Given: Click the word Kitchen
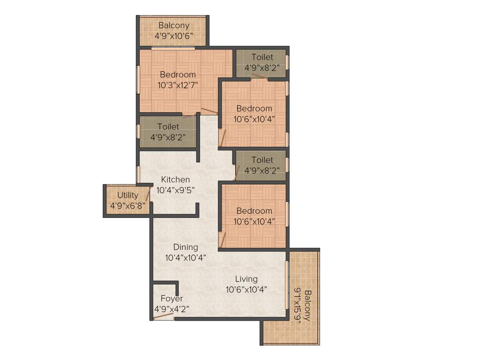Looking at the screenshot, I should (x=175, y=180).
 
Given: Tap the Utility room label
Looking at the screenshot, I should (x=127, y=195).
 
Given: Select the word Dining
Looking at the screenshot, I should (x=185, y=247).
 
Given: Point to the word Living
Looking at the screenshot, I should (x=246, y=279).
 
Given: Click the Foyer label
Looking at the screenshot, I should (x=172, y=299).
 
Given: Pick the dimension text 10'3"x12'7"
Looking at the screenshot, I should (x=178, y=85).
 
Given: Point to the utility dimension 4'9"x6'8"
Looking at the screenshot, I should (x=127, y=205).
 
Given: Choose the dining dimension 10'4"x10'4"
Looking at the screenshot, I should (x=185, y=257).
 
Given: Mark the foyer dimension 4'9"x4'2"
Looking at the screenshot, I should (x=172, y=309).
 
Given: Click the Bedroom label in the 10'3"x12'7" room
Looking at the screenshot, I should (x=178, y=75).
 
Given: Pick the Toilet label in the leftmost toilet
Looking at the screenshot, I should (x=168, y=127).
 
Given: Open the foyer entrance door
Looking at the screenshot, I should (x=163, y=316).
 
